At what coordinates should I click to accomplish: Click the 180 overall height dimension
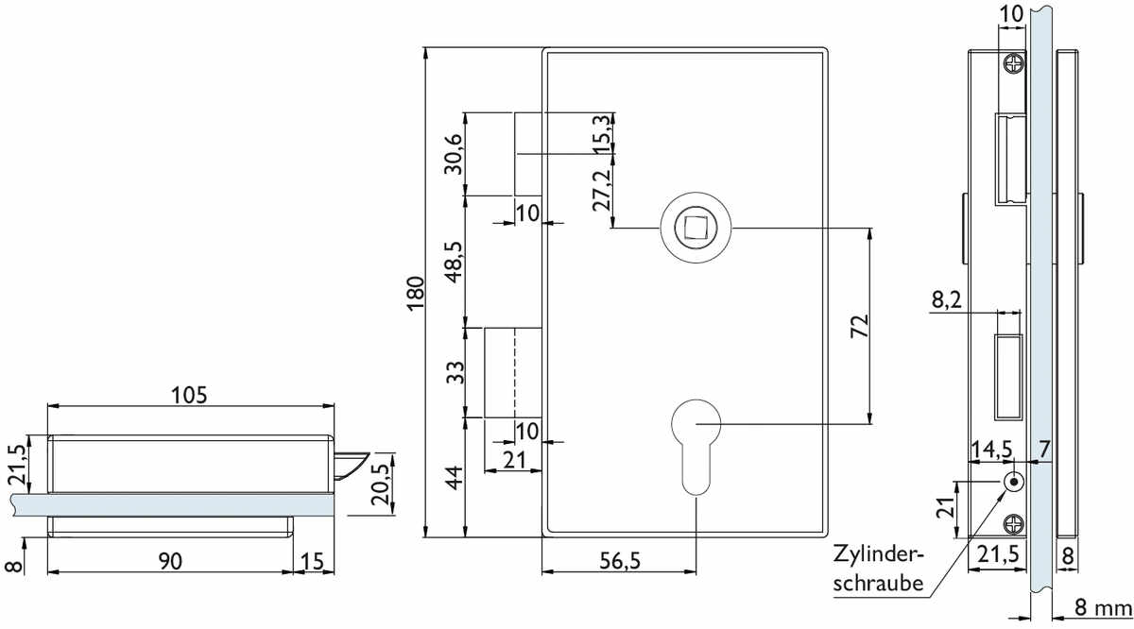pyautogui.click(x=415, y=294)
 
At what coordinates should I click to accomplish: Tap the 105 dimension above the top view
pyautogui.click(x=189, y=395)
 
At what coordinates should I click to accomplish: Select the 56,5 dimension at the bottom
pyautogui.click(x=620, y=561)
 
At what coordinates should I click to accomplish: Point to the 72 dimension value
pyautogui.click(x=860, y=327)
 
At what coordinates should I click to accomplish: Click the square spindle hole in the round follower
pyautogui.click(x=696, y=228)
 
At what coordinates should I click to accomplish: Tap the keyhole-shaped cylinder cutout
pyautogui.click(x=696, y=447)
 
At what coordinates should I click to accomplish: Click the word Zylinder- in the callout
pyautogui.click(x=879, y=554)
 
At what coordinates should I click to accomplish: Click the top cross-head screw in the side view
pyautogui.click(x=1014, y=64)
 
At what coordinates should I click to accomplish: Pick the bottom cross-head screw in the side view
pyautogui.click(x=1014, y=524)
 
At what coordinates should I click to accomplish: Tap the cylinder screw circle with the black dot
pyautogui.click(x=1013, y=482)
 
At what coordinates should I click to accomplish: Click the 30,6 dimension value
pyautogui.click(x=453, y=154)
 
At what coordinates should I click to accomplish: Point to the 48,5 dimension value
pyautogui.click(x=454, y=263)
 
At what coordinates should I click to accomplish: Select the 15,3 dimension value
pyautogui.click(x=601, y=134)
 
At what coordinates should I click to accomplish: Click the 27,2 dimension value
pyautogui.click(x=601, y=190)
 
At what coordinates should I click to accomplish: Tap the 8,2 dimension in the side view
pyautogui.click(x=947, y=300)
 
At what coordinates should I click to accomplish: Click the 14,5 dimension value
pyautogui.click(x=991, y=450)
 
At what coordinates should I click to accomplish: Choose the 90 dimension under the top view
pyautogui.click(x=170, y=561)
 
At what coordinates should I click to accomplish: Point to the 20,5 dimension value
pyautogui.click(x=380, y=484)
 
